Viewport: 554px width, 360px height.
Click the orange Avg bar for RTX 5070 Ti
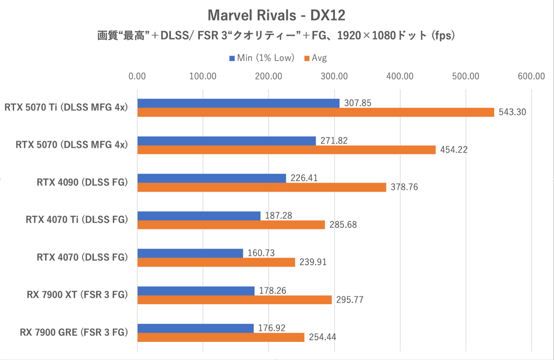click(316, 112)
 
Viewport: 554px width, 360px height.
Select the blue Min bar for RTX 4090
click(211, 178)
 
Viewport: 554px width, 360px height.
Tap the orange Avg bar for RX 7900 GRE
click(221, 338)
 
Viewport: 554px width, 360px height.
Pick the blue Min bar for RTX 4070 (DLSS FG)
click(190, 253)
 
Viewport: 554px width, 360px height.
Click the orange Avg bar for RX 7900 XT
click(234, 300)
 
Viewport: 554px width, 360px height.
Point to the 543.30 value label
click(512, 112)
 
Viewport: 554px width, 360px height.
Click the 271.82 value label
click(334, 141)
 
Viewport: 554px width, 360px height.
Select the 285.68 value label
click(343, 225)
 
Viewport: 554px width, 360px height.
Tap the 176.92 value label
click(272, 328)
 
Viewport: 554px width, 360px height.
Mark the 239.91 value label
click(313, 262)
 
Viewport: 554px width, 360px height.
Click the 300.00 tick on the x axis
click(334, 76)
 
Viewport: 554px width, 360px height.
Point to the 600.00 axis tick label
click(531, 76)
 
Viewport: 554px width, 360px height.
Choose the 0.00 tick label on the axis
click(137, 76)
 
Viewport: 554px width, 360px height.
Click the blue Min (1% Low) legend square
click(232, 59)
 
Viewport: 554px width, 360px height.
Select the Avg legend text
click(319, 58)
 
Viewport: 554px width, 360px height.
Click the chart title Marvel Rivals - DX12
click(276, 16)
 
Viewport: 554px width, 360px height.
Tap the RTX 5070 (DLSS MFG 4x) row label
click(71, 145)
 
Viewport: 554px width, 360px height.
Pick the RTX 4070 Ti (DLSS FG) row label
click(77, 220)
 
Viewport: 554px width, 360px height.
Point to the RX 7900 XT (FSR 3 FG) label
click(77, 295)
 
